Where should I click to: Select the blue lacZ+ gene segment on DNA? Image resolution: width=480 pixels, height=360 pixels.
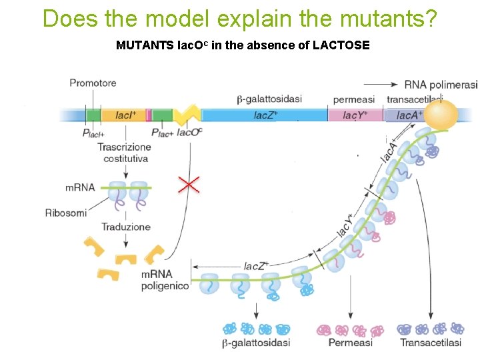coord(265,115)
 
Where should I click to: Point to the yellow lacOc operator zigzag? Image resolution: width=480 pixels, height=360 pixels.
coord(187,115)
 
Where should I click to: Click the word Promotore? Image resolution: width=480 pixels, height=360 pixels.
coord(93,83)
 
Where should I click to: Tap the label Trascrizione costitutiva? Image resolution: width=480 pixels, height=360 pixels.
coord(125,153)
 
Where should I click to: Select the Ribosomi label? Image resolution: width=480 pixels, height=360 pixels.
coord(66,213)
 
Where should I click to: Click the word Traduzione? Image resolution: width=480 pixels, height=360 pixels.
coord(125,227)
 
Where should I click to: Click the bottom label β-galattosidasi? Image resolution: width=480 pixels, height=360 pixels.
coord(255,343)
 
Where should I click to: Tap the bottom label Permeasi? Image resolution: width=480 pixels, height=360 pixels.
coord(350,343)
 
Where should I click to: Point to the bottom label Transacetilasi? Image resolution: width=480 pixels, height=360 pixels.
coord(430,343)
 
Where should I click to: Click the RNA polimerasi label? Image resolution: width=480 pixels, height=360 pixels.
coord(441,85)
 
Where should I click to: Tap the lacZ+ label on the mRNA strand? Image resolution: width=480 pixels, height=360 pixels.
coord(256,265)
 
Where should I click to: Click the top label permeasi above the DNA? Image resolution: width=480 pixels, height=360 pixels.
coord(353,99)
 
